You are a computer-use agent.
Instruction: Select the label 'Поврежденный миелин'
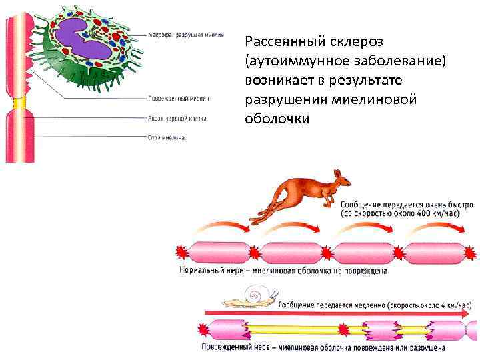178,98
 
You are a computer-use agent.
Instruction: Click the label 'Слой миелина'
167,138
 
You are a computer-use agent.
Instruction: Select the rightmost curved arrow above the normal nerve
439,228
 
